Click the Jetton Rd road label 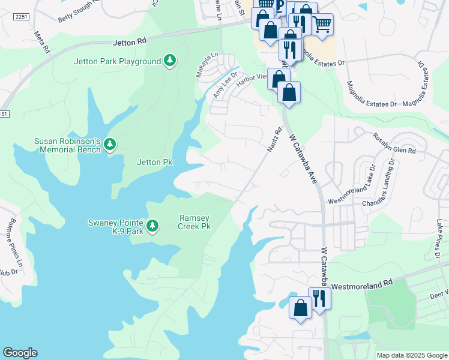(129, 43)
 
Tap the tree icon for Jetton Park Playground (170, 61)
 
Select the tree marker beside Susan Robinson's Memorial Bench (109, 144)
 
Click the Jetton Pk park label (149, 162)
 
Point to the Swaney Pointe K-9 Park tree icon (152, 226)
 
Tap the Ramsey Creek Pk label (195, 222)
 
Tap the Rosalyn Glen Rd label (394, 143)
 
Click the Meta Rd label (40, 41)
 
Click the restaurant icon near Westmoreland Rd (319, 297)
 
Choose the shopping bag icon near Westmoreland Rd (300, 307)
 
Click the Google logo (20, 353)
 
